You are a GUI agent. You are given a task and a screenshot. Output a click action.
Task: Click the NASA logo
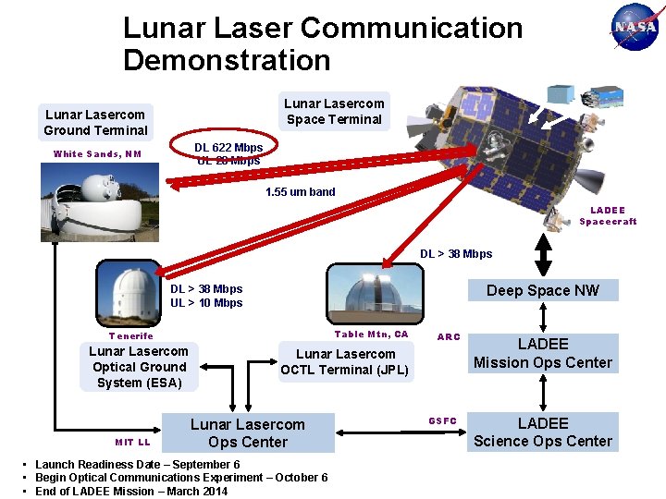(635, 27)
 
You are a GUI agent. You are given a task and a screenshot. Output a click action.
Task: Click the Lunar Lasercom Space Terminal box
(334, 111)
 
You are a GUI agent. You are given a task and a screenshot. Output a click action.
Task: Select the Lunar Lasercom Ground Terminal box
(95, 122)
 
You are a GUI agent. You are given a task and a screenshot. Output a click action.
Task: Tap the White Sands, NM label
(97, 154)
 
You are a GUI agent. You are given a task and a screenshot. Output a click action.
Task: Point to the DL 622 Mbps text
(228, 147)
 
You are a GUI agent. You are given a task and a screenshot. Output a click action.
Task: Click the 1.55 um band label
(301, 192)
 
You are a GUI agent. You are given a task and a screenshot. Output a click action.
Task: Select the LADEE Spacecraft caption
(608, 215)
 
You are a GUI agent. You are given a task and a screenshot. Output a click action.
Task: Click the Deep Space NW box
(542, 290)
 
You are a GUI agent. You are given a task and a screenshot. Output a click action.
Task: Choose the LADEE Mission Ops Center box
(542, 353)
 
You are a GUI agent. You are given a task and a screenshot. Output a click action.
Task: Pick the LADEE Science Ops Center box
(542, 432)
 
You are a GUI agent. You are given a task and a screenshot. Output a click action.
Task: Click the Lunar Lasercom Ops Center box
(247, 433)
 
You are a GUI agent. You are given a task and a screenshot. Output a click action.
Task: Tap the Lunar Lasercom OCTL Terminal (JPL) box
(345, 362)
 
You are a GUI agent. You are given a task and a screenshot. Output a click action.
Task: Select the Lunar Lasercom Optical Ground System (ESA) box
(139, 367)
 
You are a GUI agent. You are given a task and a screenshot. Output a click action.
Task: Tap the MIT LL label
(132, 442)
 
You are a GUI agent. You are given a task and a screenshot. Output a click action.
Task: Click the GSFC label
(442, 421)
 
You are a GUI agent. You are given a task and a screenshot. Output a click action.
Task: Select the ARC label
(449, 337)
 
